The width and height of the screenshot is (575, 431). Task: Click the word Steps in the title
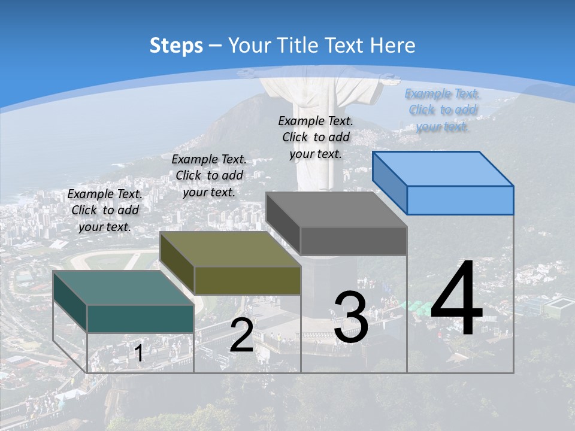point(176,45)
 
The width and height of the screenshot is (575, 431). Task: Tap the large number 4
point(456,299)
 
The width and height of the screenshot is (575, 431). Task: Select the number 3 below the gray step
point(351,317)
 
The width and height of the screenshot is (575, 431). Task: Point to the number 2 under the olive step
point(241,335)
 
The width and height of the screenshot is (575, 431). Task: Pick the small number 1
point(139,353)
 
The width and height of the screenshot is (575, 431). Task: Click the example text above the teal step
point(105,210)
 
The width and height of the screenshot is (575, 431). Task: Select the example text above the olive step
point(209,175)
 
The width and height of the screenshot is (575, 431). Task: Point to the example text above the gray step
point(316,137)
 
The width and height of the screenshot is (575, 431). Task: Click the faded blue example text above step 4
point(442,110)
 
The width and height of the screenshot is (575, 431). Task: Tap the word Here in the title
point(393,45)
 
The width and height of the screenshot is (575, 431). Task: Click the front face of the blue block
point(460,200)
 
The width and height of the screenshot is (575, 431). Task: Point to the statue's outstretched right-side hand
point(392,77)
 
